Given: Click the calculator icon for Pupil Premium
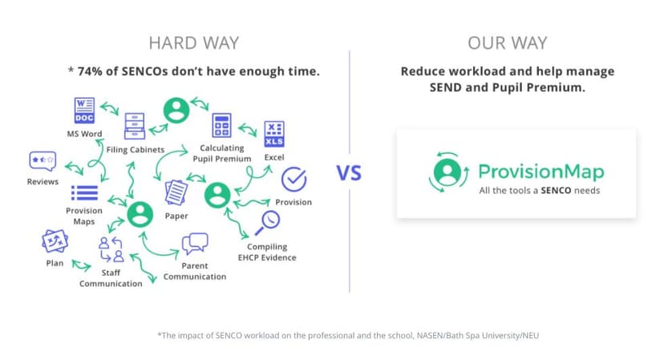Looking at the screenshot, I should (222, 125).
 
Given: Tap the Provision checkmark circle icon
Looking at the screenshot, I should (294, 179).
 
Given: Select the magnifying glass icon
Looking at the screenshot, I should (268, 220).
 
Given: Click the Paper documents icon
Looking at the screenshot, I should (176, 193).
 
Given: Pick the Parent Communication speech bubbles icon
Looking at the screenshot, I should (195, 244).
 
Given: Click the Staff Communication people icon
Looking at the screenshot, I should (111, 249).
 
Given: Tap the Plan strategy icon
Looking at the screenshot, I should (55, 241).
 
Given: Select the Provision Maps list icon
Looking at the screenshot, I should (84, 192).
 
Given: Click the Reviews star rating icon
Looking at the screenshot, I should (42, 160).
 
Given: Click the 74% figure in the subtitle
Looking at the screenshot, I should (91, 71).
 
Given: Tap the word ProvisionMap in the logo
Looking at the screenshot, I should (541, 171).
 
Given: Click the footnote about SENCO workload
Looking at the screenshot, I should (331, 334).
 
